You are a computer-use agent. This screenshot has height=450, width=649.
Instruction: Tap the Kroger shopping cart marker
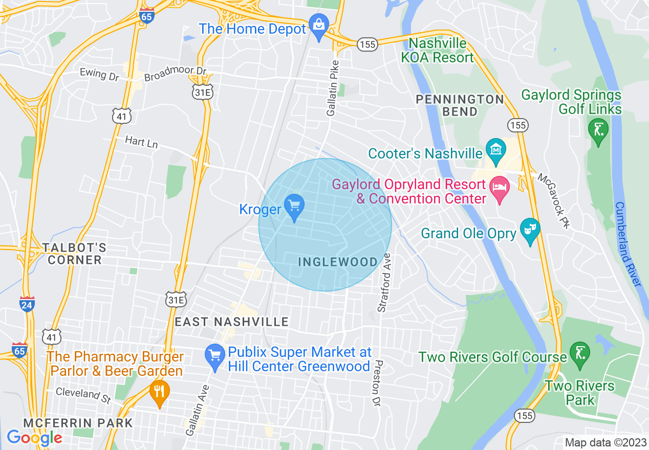(x=294, y=206)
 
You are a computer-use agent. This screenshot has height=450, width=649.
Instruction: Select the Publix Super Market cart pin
(x=214, y=354)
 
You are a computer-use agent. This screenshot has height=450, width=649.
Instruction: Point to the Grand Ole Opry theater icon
(x=530, y=229)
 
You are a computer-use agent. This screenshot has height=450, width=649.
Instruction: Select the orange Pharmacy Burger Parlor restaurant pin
(x=160, y=391)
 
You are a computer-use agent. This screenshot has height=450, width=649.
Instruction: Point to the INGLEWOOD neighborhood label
(x=338, y=262)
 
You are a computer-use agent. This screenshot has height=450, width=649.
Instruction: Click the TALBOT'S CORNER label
(x=74, y=254)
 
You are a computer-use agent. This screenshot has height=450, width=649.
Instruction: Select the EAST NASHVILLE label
(x=232, y=322)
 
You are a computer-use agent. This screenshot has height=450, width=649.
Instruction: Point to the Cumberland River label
(x=628, y=244)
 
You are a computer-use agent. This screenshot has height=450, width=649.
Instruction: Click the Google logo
(x=34, y=438)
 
